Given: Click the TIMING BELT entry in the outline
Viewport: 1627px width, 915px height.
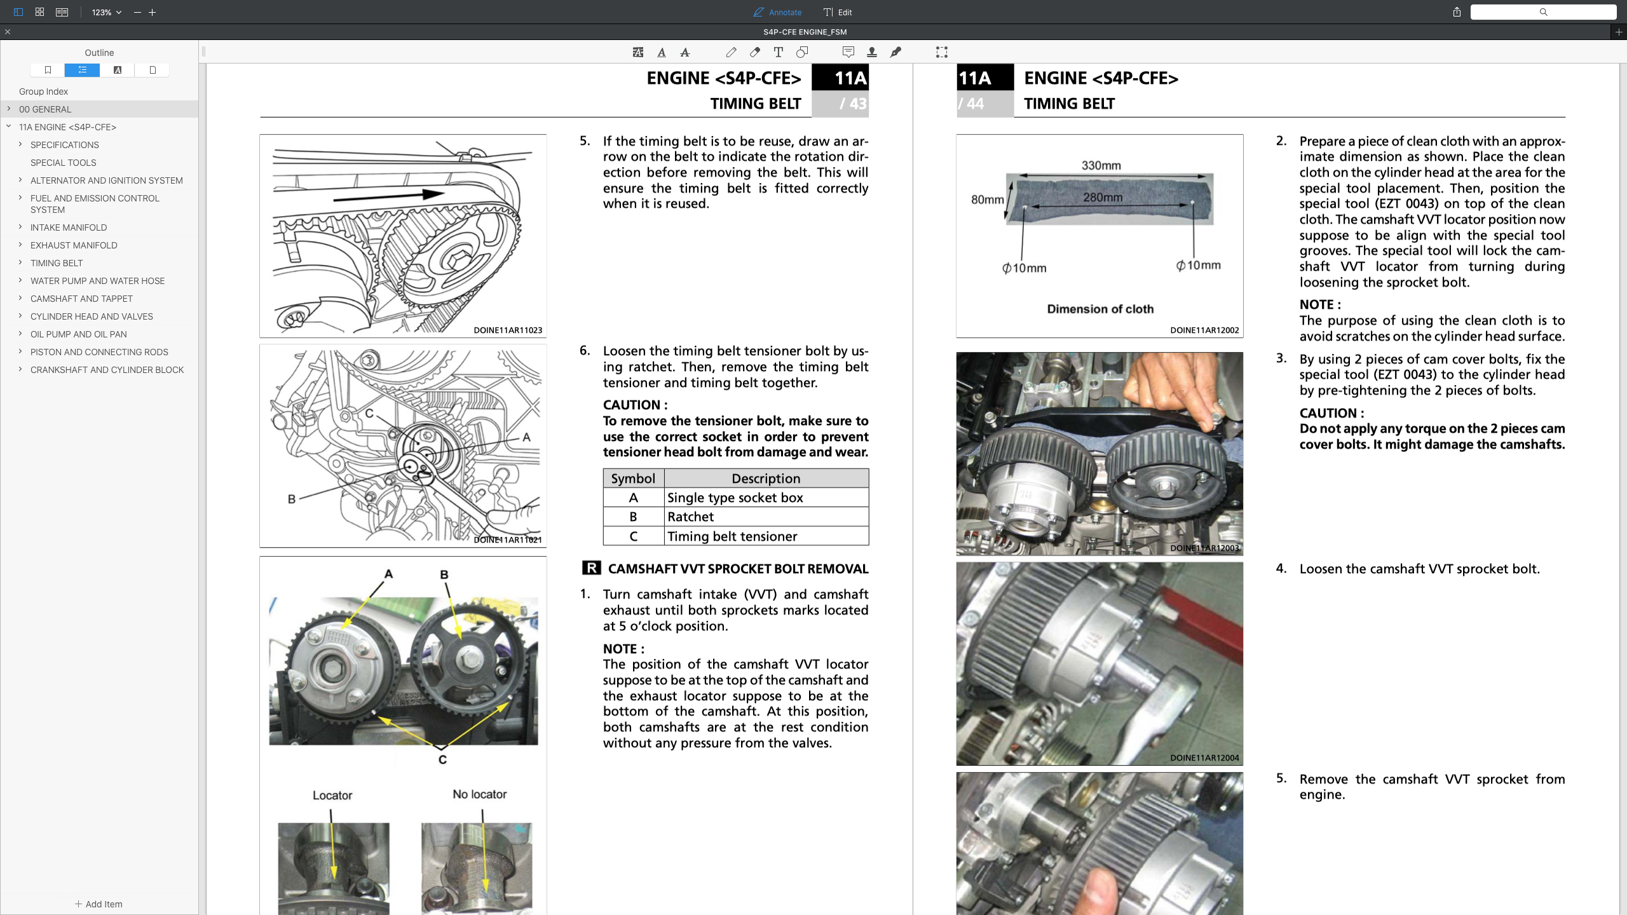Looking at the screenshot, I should pos(57,263).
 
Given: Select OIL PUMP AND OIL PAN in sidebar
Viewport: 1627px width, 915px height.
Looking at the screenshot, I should pos(78,334).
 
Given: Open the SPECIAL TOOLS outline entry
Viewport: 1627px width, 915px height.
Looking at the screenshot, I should pos(63,163).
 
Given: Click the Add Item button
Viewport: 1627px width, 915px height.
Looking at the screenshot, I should pos(99,904).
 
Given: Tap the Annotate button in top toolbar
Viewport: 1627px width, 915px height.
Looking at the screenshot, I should pos(777,12).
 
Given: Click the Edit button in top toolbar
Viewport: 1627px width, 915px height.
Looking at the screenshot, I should pos(838,12).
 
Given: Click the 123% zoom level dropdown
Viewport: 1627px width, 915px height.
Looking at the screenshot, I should pos(106,12).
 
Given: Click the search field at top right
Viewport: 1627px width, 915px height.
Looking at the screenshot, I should pos(1543,12).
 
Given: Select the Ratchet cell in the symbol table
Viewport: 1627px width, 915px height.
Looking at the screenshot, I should pos(690,517).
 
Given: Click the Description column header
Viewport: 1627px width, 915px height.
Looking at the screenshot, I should pos(765,478).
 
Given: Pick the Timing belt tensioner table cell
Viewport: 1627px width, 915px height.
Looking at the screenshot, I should pos(732,536).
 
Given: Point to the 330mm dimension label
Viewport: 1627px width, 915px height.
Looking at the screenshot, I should pos(1101,165).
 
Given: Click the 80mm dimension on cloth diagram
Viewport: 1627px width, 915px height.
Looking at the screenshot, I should pos(987,200).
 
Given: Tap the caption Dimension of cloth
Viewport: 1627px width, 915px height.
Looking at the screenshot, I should pos(1099,309).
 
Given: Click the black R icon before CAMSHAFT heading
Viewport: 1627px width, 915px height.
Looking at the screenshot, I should pos(591,568).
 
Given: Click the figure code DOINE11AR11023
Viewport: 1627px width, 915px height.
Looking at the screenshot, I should pos(507,330).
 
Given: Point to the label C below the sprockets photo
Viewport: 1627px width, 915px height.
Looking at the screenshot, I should pos(442,759).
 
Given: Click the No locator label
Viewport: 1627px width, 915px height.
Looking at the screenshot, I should pos(479,794).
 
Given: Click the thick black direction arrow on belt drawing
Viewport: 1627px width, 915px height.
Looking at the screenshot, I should pos(388,196).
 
